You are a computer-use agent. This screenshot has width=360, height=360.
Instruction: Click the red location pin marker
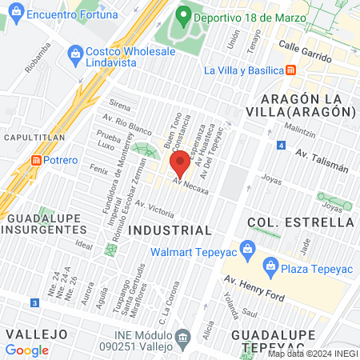point(180,163)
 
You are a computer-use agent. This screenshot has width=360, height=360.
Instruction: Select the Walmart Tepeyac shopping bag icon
point(248,248)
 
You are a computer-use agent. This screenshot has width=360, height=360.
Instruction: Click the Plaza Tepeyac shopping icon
point(270,265)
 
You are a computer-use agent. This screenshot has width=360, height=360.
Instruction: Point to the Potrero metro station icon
point(36,160)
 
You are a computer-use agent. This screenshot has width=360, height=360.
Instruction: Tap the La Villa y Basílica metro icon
point(290,70)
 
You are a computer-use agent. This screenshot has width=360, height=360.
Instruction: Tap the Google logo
point(26,350)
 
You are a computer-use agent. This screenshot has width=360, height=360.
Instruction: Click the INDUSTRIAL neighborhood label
point(170,230)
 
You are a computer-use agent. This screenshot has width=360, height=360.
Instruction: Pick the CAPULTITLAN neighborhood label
point(29,137)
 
